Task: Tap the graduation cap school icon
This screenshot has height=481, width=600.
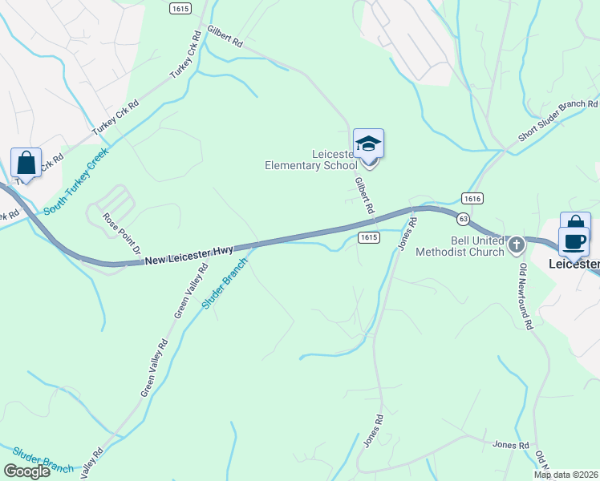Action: tap(368, 144)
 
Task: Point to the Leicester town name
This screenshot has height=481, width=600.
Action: tap(574, 264)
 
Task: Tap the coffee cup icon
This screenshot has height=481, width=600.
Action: tap(574, 241)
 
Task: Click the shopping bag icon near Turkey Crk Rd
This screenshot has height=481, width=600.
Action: tap(26, 163)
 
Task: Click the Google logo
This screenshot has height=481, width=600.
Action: tap(26, 471)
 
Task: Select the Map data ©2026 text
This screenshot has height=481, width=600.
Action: tap(566, 475)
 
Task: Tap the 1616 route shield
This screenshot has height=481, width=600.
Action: tap(472, 198)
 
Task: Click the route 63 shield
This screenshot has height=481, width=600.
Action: tap(464, 218)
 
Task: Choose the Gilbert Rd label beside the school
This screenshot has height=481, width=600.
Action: tap(365, 196)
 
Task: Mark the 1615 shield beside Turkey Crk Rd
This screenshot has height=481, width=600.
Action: tap(180, 8)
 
